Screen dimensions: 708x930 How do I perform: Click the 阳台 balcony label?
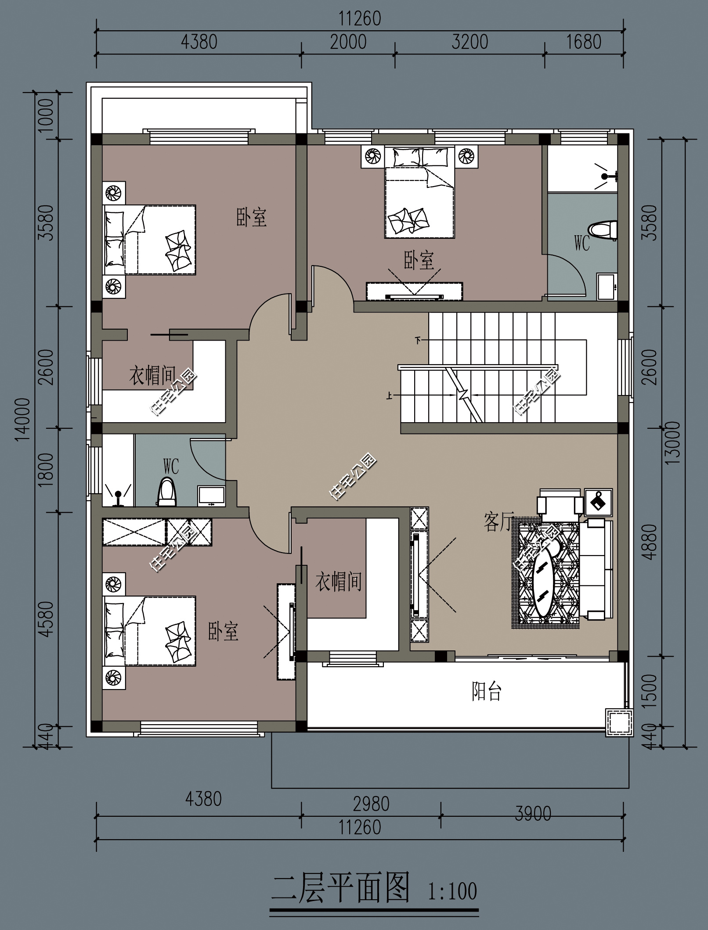pyautogui.click(x=487, y=691)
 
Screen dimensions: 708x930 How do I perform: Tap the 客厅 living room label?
pyautogui.click(x=498, y=522)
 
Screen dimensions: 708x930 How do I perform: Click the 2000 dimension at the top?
pyautogui.click(x=348, y=42)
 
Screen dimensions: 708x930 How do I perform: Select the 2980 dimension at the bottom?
pyautogui.click(x=371, y=804)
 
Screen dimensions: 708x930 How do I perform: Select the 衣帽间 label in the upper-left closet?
pyautogui.click(x=152, y=376)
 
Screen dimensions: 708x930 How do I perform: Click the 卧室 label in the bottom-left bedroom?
pyautogui.click(x=223, y=631)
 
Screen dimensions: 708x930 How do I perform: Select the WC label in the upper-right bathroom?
pyautogui.click(x=582, y=243)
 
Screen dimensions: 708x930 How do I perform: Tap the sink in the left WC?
pyautogui.click(x=212, y=496)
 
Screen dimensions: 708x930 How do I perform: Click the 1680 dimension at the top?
pyautogui.click(x=584, y=42)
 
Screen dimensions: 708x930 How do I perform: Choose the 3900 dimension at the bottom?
pyautogui.click(x=533, y=814)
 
